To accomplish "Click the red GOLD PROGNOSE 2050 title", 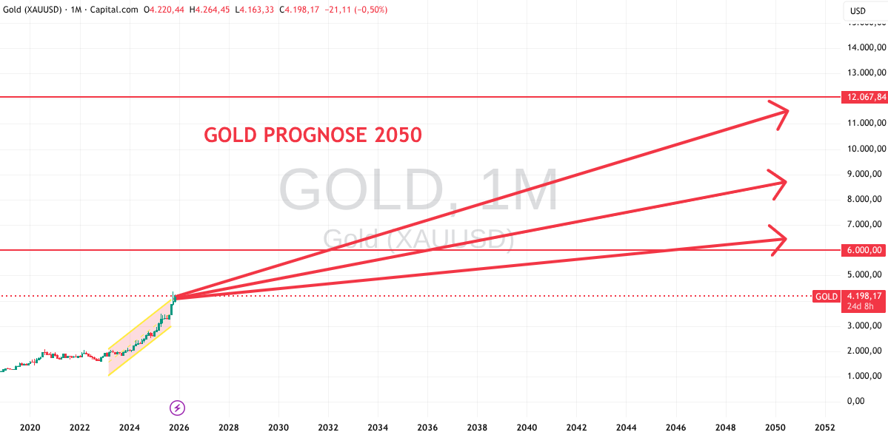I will (x=313, y=135).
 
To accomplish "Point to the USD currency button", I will (x=858, y=11).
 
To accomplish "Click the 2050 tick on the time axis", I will (x=775, y=428).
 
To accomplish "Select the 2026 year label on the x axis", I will (x=178, y=428).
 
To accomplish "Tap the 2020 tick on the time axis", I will (x=29, y=428).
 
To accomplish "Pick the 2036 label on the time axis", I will (x=427, y=428).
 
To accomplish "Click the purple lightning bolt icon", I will (x=178, y=408).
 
